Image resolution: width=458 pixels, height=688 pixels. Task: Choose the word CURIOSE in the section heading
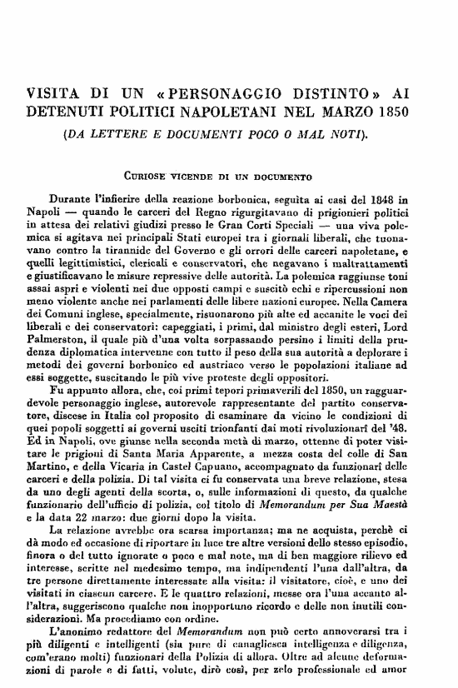click(145, 177)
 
